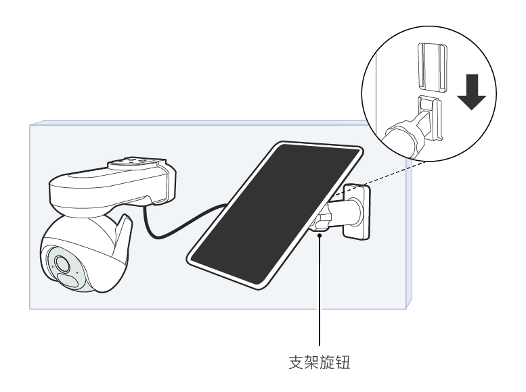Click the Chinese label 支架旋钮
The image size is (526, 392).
pos(320,362)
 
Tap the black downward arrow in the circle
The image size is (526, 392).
pos(472,92)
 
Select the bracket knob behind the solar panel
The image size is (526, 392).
pos(321,218)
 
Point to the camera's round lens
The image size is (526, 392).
pos(62,263)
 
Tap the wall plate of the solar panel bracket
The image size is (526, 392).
pos(356,212)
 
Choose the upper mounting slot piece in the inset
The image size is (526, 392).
pos(433,68)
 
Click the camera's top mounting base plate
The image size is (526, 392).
pos(137,163)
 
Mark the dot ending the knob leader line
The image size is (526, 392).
pos(320,235)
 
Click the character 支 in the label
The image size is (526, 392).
pos(296,362)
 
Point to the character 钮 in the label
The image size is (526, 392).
pos(343,362)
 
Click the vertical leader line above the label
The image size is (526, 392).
pos(320,291)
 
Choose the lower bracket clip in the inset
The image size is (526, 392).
pos(430,118)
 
